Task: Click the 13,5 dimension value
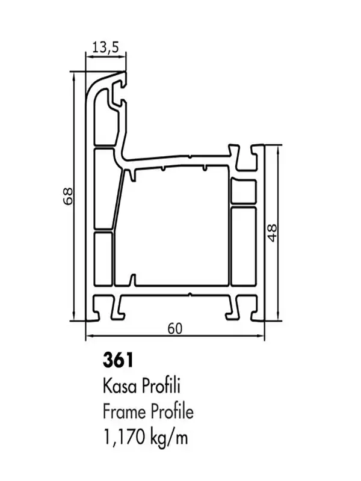point(105,47)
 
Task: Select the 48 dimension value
point(272,233)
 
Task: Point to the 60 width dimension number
point(175,328)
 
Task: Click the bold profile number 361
point(118,360)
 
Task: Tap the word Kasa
point(120,386)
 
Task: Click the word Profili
point(161,386)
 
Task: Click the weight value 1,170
point(125,438)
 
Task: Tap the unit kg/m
point(169,438)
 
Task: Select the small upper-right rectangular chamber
point(244,192)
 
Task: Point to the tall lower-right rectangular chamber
point(244,247)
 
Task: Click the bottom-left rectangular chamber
point(103,259)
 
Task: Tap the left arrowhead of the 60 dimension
point(89,336)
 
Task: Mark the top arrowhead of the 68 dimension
point(73,76)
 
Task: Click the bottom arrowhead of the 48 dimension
point(278,317)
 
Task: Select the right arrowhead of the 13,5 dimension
point(123,56)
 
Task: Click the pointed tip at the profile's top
point(125,72)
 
